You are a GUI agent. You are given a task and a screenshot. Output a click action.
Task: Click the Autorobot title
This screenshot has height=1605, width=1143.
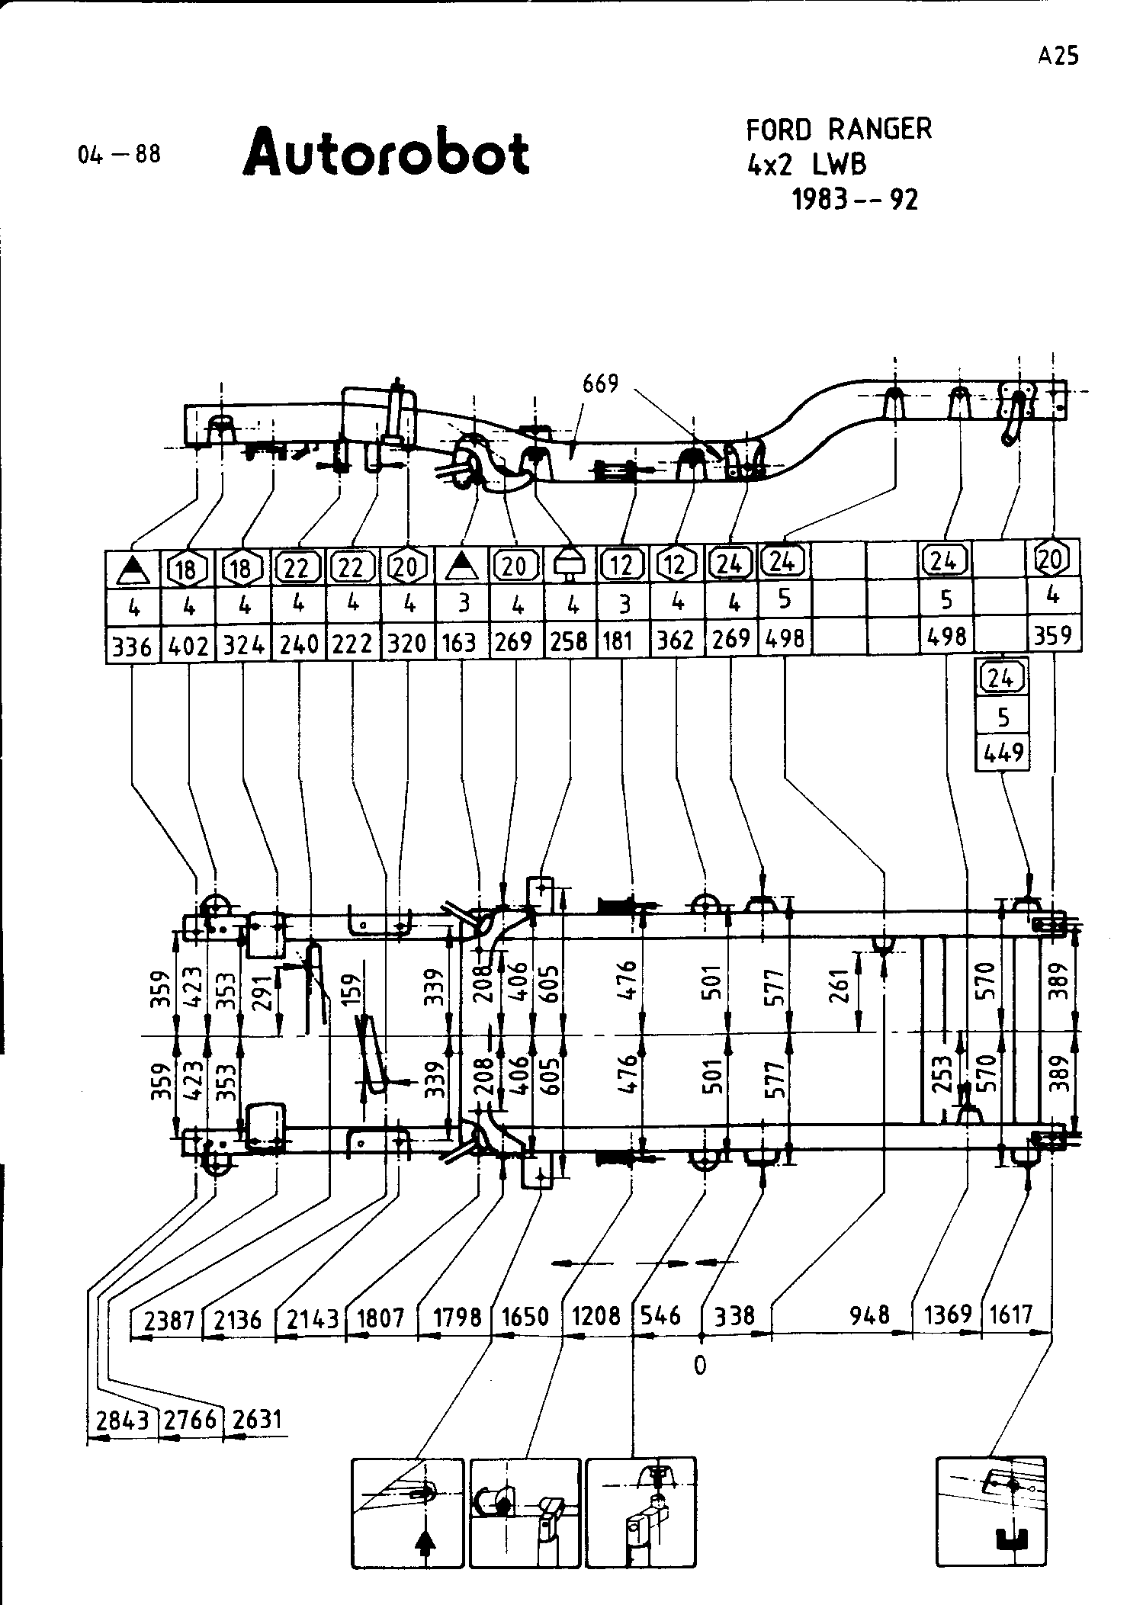[386, 152]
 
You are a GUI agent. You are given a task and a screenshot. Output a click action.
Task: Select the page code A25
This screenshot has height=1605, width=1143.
[1058, 56]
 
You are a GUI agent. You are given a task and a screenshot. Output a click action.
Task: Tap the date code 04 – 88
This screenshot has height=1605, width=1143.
[119, 155]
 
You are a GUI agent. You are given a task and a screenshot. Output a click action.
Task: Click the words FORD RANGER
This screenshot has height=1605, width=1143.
[838, 130]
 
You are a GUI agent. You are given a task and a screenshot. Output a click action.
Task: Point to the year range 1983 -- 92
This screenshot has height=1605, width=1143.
[855, 200]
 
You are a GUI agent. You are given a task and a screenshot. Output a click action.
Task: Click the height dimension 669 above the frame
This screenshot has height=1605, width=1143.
[600, 384]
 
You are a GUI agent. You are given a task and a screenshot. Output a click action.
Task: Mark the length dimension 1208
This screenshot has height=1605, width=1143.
[596, 1316]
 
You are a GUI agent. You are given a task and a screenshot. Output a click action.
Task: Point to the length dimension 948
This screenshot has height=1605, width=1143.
[869, 1314]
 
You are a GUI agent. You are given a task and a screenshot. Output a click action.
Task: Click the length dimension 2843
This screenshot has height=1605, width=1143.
[122, 1420]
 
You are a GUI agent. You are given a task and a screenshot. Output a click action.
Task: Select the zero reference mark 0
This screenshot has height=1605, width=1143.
[700, 1366]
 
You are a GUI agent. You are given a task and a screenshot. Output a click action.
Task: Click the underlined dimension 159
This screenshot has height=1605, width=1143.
[352, 993]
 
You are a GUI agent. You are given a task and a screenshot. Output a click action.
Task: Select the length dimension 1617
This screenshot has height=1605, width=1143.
[1011, 1314]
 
